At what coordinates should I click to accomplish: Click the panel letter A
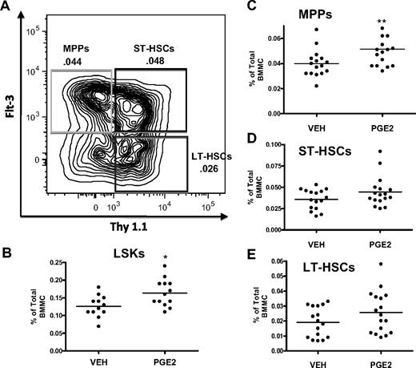[x=7, y=7]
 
